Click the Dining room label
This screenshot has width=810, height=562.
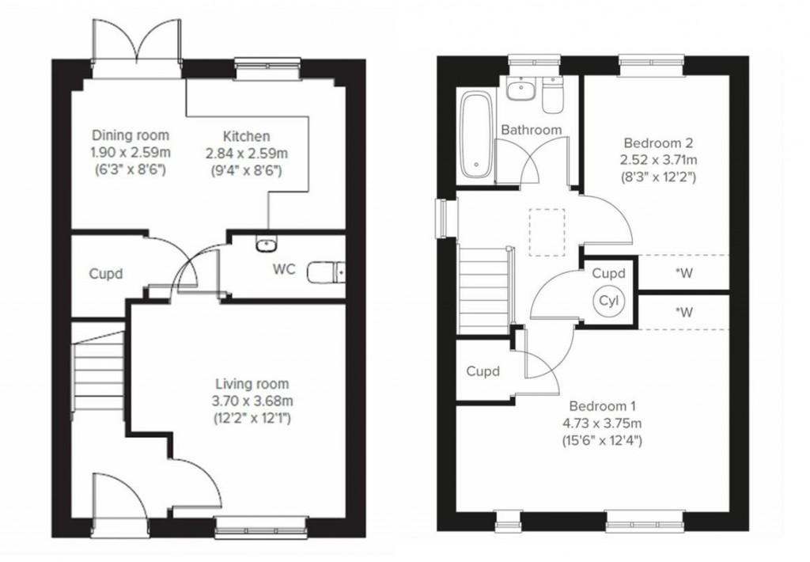pyautogui.click(x=130, y=135)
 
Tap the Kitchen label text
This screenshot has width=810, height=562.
pyautogui.click(x=246, y=137)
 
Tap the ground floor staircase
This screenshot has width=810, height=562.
pyautogui.click(x=100, y=373)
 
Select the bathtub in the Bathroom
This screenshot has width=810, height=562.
pyautogui.click(x=478, y=135)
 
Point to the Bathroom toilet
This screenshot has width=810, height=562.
pyautogui.click(x=552, y=94)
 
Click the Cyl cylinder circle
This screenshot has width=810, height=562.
pyautogui.click(x=609, y=301)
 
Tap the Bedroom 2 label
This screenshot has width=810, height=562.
pyautogui.click(x=658, y=143)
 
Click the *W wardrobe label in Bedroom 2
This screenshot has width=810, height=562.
pyautogui.click(x=683, y=275)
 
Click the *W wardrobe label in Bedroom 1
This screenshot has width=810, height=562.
pyautogui.click(x=683, y=312)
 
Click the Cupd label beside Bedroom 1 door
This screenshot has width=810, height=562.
pyautogui.click(x=483, y=371)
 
